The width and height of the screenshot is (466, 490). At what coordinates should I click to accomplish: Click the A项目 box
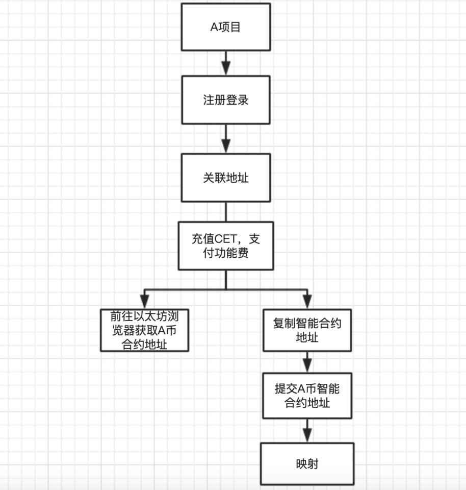click(226, 27)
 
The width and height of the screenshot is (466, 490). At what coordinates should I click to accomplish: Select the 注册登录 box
click(226, 100)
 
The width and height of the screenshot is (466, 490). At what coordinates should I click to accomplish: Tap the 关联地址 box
click(226, 178)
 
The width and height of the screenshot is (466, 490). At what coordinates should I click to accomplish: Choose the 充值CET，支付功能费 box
click(226, 246)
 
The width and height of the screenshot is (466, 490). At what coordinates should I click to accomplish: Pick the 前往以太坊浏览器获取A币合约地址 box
click(144, 330)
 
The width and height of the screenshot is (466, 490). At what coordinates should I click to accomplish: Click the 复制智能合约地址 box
click(307, 330)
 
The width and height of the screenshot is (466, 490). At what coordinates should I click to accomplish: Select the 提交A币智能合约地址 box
click(307, 396)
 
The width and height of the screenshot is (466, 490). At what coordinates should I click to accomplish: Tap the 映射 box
click(307, 463)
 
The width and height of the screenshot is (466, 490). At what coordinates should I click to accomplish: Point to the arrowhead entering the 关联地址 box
click(226, 146)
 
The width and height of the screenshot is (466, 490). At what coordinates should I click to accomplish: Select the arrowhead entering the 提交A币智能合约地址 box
click(307, 366)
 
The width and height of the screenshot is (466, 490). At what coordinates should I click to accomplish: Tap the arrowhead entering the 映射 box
click(307, 435)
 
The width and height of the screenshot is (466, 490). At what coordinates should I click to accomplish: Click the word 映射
click(307, 463)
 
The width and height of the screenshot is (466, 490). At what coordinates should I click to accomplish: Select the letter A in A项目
click(215, 27)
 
